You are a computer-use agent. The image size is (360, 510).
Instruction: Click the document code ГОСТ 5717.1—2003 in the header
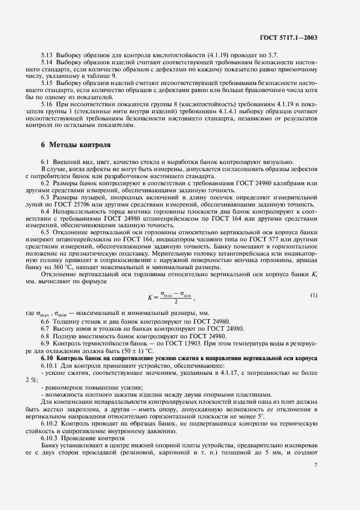(x=289, y=38)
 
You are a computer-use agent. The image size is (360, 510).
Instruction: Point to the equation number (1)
(x=314, y=295)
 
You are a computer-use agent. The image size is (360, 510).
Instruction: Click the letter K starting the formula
(x=150, y=297)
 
